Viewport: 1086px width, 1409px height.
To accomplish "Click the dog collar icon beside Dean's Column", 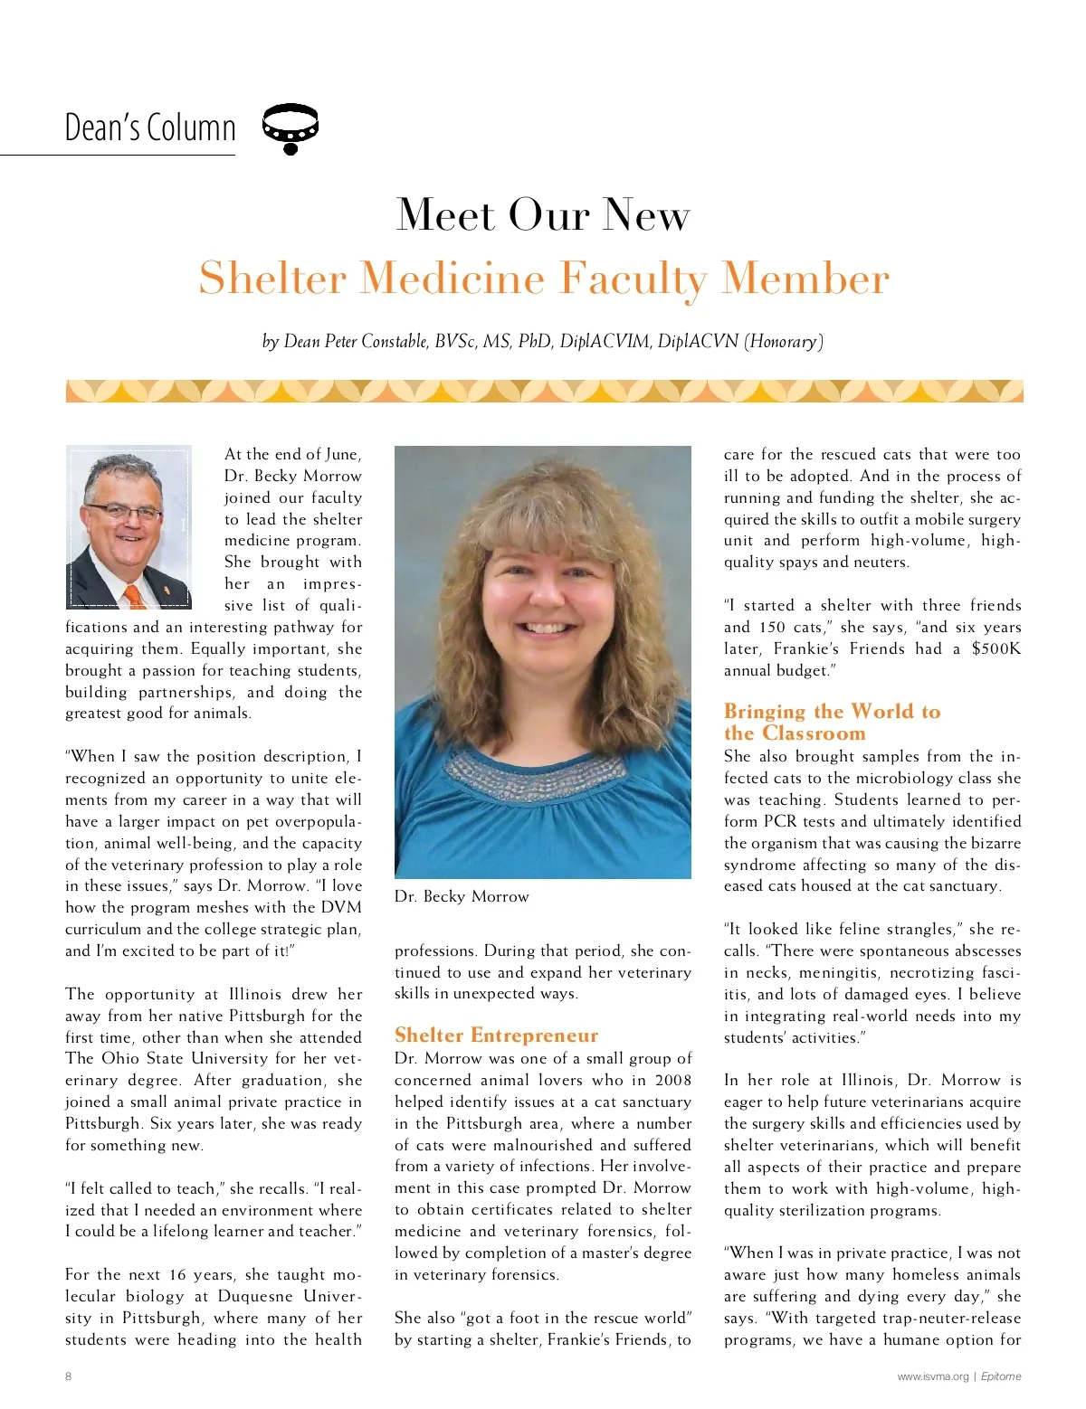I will pyautogui.click(x=290, y=128).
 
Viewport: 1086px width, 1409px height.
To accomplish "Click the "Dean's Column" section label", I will pyautogui.click(x=150, y=128).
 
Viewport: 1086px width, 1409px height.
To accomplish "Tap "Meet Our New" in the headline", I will pyautogui.click(x=543, y=215).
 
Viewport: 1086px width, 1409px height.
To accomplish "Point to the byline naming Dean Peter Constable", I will pyautogui.click(x=542, y=341).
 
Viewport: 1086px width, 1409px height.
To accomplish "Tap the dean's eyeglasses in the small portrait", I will pyautogui.click(x=124, y=512).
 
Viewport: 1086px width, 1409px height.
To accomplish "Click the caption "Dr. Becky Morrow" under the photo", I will pyautogui.click(x=462, y=896).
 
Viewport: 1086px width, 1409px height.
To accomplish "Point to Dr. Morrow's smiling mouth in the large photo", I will pyautogui.click(x=546, y=626).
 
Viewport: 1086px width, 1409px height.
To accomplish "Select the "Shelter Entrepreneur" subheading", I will pyautogui.click(x=496, y=1035).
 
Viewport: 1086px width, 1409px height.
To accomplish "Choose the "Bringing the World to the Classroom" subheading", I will pyautogui.click(x=832, y=722).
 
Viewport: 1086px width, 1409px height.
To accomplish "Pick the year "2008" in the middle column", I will pyautogui.click(x=673, y=1080).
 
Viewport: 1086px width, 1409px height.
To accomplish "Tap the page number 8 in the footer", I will pyautogui.click(x=69, y=1376).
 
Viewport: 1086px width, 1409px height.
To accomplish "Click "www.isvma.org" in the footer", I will pyautogui.click(x=932, y=1376).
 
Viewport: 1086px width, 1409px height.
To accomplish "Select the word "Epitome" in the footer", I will pyautogui.click(x=1001, y=1376).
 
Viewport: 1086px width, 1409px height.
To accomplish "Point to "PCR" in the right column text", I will pyautogui.click(x=781, y=821).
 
